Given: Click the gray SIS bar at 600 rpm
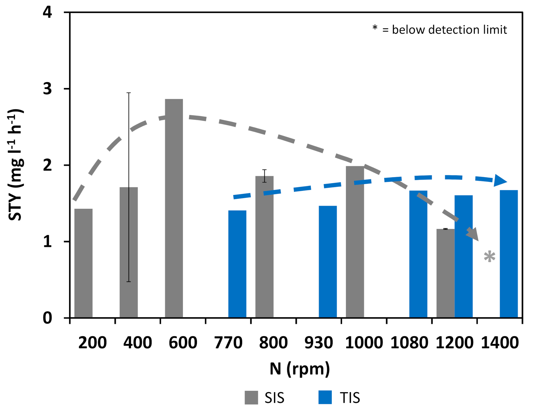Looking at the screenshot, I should click(174, 208).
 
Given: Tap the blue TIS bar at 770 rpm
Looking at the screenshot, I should click(237, 264).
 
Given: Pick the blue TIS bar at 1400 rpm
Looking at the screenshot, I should click(509, 254).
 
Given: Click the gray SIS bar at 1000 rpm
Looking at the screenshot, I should click(355, 242).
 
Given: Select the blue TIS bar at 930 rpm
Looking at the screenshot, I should click(328, 261).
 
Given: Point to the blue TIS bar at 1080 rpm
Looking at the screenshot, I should click(418, 254).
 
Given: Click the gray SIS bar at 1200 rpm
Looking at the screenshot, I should click(445, 273).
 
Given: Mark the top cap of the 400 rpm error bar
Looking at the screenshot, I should click(129, 93).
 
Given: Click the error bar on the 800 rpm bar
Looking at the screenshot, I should click(264, 176).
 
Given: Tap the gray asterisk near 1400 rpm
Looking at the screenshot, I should click(489, 257).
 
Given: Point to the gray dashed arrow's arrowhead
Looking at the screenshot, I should click(473, 235).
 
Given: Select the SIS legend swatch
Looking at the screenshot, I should click(251, 398).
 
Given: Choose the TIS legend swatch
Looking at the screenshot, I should click(325, 398).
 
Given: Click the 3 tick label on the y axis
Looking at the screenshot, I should click(47, 89).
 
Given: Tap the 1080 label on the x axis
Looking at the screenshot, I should click(409, 342).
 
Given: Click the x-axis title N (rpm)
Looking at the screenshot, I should click(300, 369).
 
